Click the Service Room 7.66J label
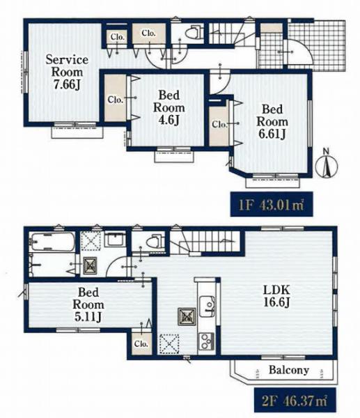67,72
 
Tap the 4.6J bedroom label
169,107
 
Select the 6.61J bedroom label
272,121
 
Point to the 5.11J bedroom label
88,304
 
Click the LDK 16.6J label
276,296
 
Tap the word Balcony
289,370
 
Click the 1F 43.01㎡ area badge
272,204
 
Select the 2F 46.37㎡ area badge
295,400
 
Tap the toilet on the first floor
194,33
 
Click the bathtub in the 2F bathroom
53,242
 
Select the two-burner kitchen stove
206,341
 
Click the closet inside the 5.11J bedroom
141,343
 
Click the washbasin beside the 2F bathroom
115,238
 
